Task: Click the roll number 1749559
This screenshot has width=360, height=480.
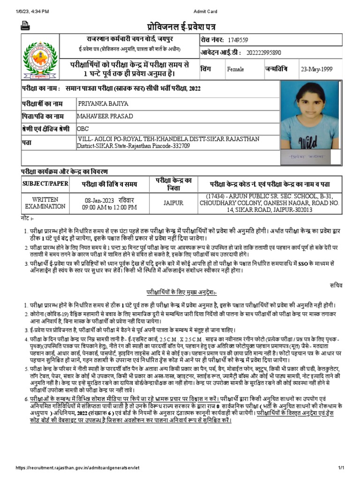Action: pos(240,40)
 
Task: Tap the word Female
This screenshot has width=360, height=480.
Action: pos(235,69)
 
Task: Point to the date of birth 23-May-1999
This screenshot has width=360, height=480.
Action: pos(316,69)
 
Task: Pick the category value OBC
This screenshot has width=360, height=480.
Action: pos(83,128)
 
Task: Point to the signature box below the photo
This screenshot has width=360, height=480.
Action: pos(309,157)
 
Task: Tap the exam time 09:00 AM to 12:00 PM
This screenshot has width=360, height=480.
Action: pos(109,207)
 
